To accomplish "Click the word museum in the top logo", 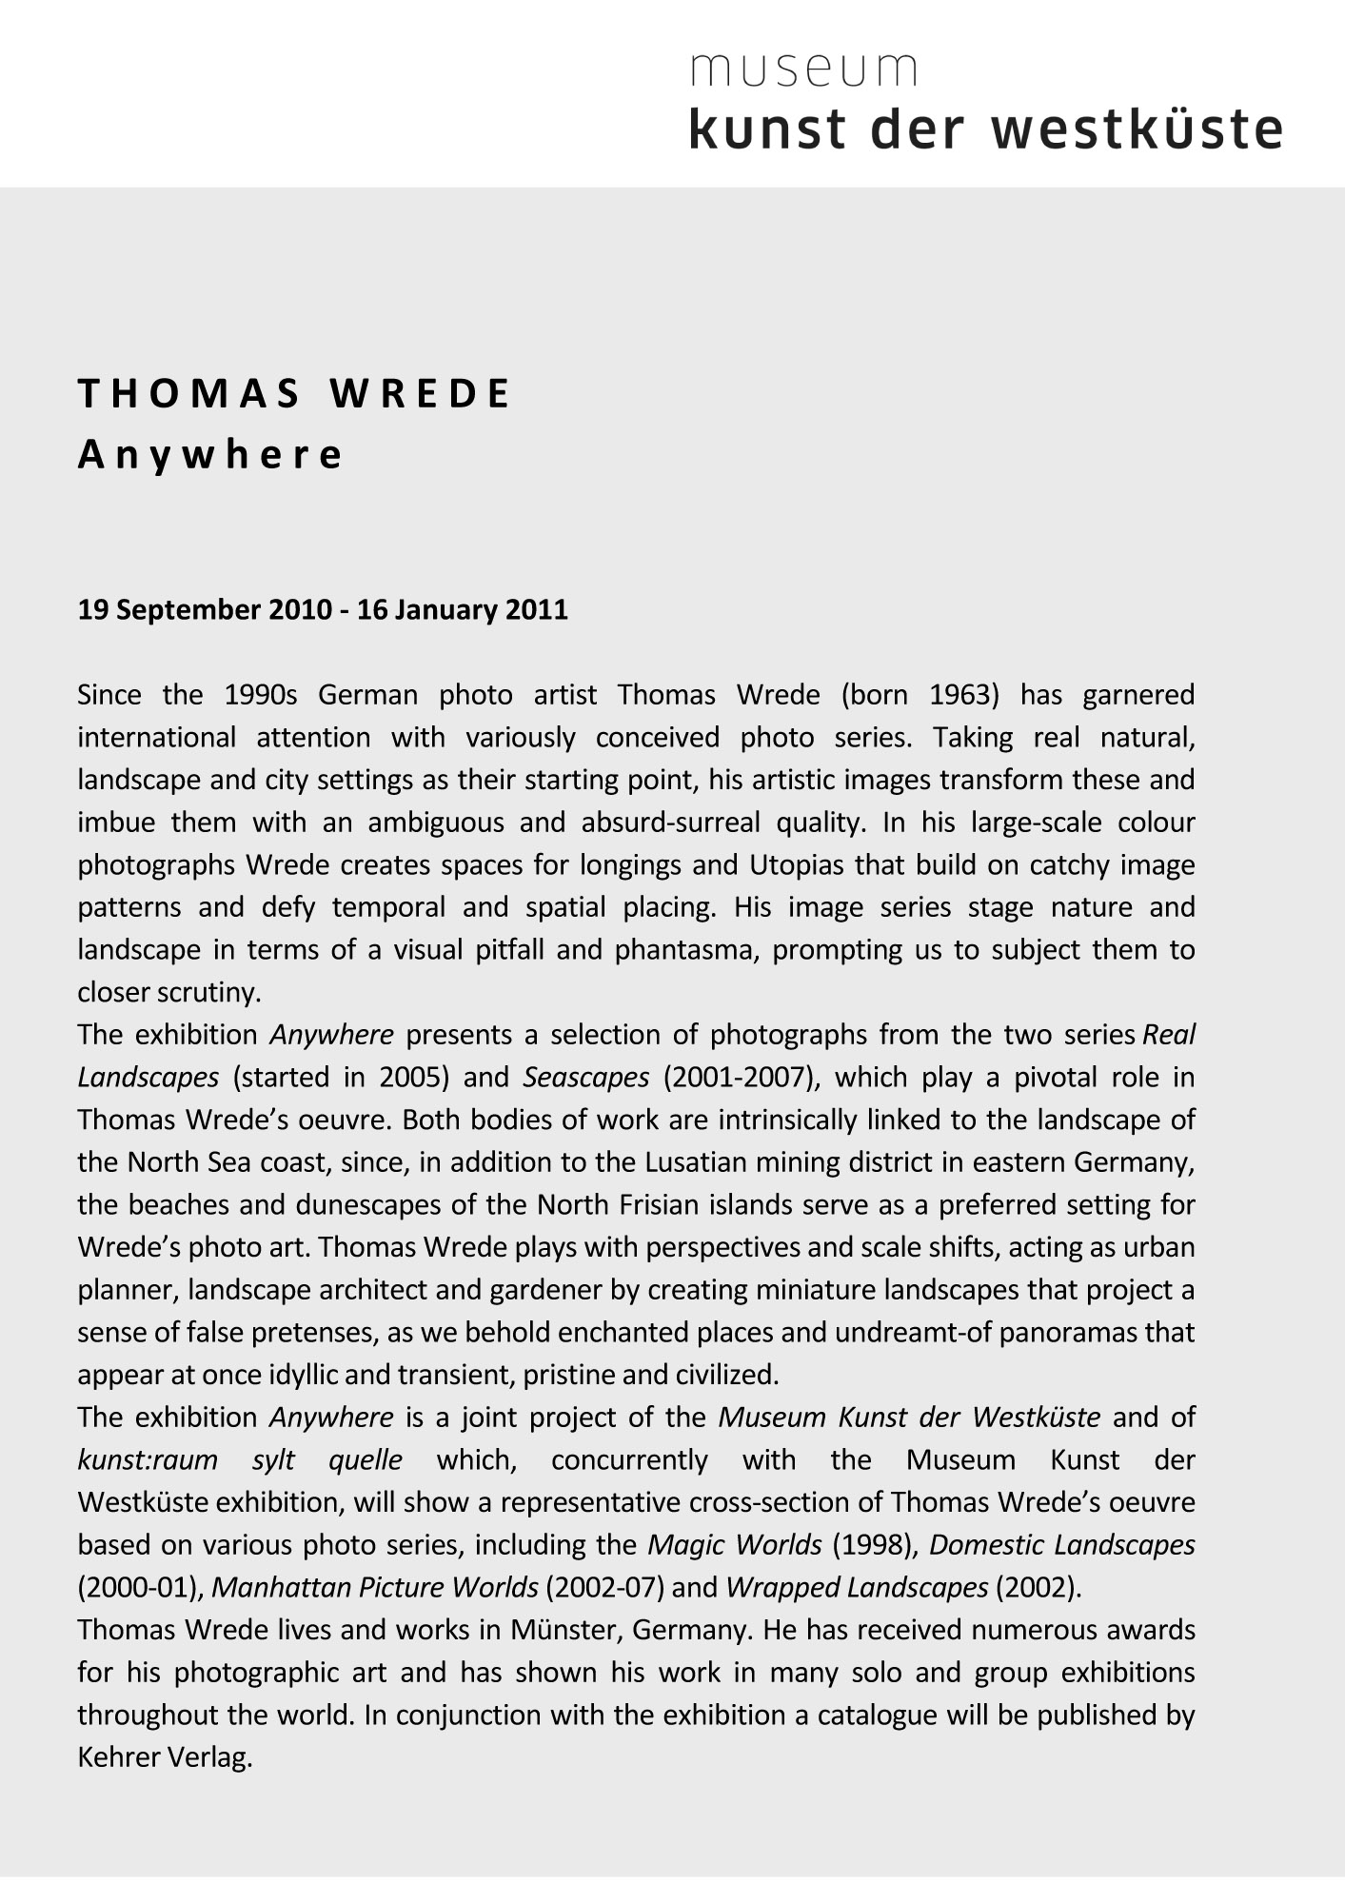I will coord(804,70).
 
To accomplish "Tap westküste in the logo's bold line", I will coord(1137,130).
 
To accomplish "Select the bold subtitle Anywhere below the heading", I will coord(209,455).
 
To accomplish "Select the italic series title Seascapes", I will coord(586,1078).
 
